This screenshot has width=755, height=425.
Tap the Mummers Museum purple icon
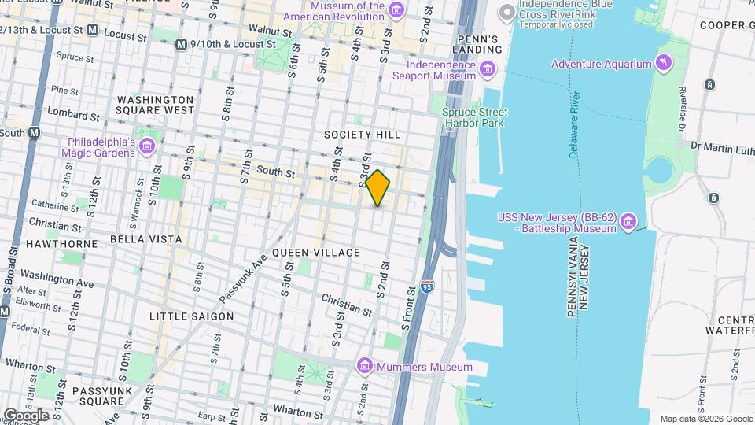pyautogui.click(x=363, y=367)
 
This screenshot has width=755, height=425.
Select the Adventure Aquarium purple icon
pyautogui.click(x=665, y=64)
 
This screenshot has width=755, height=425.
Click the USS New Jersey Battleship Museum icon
pyautogui.click(x=628, y=224)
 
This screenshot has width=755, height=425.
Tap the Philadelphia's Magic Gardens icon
pyautogui.click(x=146, y=147)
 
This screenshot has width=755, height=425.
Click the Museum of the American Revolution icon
pyautogui.click(x=396, y=10)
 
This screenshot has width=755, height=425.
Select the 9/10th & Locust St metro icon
pyautogui.click(x=182, y=45)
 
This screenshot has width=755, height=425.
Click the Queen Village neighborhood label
pyautogui.click(x=315, y=253)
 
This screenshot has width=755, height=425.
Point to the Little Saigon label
pyautogui.click(x=192, y=316)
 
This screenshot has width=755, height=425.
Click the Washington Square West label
pyautogui.click(x=155, y=105)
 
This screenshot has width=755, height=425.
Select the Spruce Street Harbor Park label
pyautogui.click(x=475, y=117)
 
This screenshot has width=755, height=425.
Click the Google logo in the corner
pyautogui.click(x=26, y=415)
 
